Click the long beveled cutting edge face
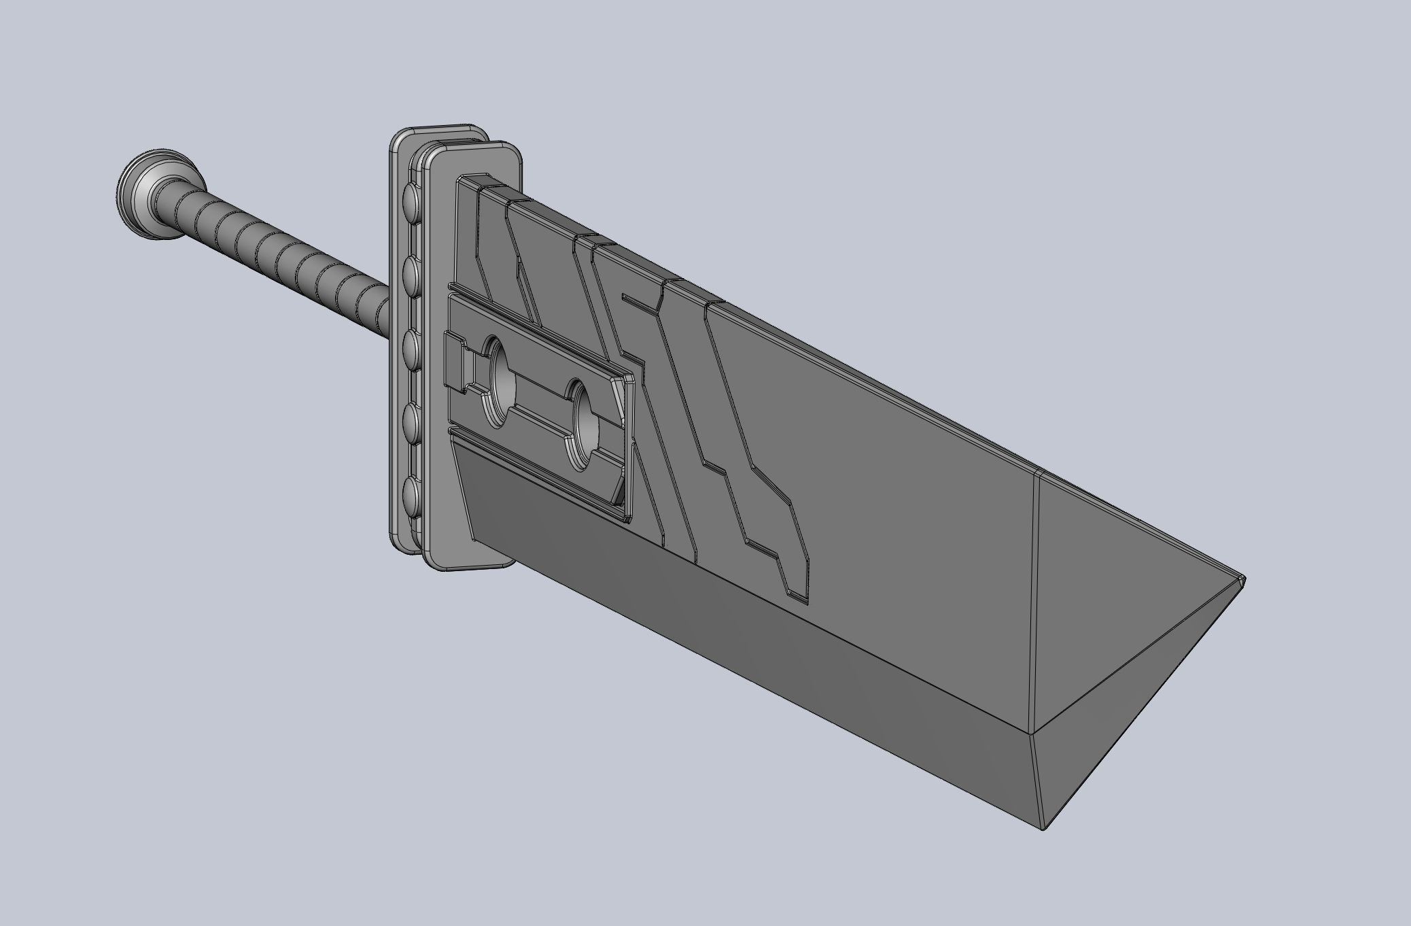(x=748, y=653)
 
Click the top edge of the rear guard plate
(x=442, y=127)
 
